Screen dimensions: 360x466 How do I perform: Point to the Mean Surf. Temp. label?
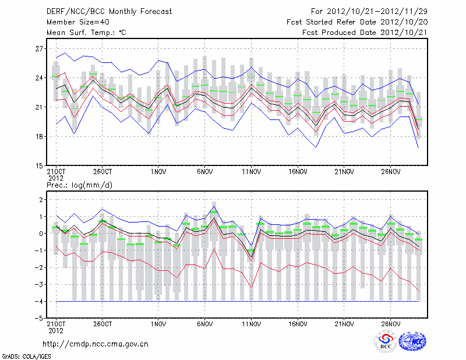point(86,33)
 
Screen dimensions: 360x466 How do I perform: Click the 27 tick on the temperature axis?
point(40,48)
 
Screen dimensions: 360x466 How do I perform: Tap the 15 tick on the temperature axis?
point(40,165)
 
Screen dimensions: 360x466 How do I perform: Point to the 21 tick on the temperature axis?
point(40,107)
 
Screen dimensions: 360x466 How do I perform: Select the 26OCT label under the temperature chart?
point(102,172)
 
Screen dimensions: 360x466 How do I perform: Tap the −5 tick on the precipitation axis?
point(38,319)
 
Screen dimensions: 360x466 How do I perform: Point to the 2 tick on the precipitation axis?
point(41,200)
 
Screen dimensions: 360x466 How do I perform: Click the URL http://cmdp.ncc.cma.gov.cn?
point(96,344)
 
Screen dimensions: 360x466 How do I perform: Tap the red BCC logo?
point(385,342)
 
